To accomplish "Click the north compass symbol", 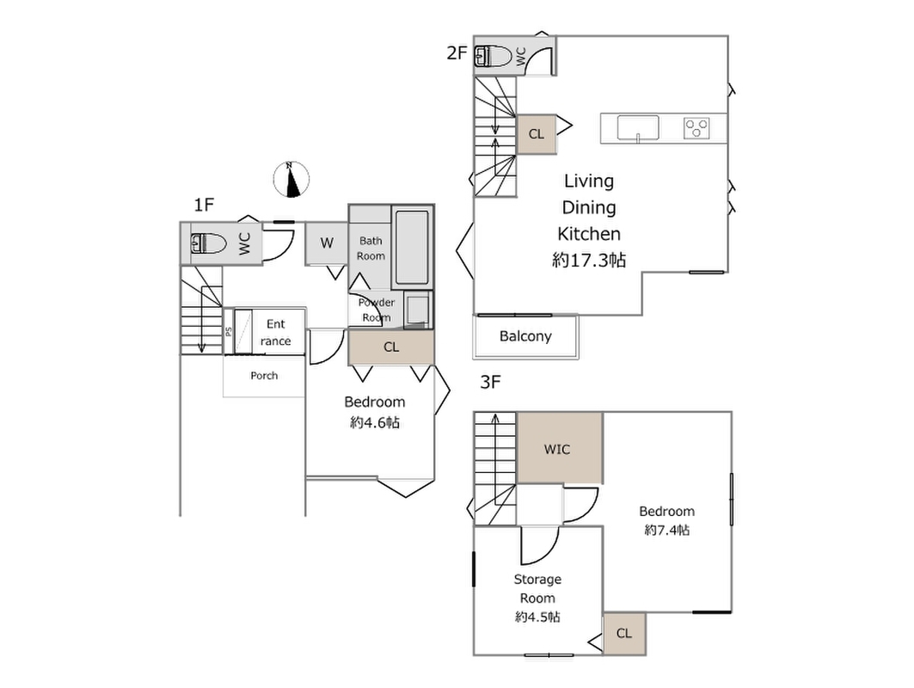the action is pos(291,179).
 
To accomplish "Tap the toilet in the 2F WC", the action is pos(494,57).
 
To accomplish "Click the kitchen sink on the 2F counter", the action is pos(638,128).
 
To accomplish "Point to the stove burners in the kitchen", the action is pos(696,128).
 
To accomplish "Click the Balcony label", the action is pos(525,336).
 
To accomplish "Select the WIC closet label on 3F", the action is pos(556,450).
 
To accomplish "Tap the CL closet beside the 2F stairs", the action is pos(537,134).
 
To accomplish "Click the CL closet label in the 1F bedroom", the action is pos(391,347).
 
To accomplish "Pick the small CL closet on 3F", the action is pos(624,633).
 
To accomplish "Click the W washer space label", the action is pos(327,243).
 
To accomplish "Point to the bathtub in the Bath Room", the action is pos(412,247).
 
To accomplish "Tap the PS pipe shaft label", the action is pos(229,331).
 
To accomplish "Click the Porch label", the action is pos(264,376).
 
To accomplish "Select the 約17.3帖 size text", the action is pos(589,260).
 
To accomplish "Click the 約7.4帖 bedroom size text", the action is pos(667,530).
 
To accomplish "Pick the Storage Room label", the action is pos(537,589).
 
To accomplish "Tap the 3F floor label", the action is pos(490,382).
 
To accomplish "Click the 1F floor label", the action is pos(204,205).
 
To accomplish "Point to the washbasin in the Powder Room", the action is pos(418,309).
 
